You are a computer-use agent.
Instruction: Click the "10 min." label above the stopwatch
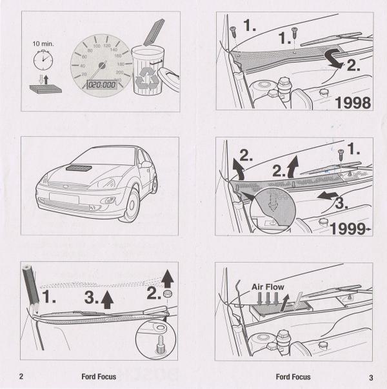click(43, 44)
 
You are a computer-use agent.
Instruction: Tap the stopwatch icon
click(43, 60)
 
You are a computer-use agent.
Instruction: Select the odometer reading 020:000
click(102, 85)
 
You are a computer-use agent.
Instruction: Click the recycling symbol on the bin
click(147, 78)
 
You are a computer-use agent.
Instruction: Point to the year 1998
click(353, 103)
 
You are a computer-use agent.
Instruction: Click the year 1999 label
click(348, 229)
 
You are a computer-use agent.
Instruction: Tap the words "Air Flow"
click(268, 287)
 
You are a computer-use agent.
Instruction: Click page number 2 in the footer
click(21, 376)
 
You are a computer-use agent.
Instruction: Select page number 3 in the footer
click(371, 377)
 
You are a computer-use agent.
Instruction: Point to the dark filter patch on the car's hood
click(79, 168)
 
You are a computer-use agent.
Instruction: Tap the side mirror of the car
click(146, 165)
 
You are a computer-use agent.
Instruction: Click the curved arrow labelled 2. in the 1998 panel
click(335, 58)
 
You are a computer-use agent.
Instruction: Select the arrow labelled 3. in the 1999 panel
click(328, 195)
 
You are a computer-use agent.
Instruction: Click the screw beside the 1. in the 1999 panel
click(341, 156)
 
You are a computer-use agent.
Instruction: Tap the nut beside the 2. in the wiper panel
click(168, 294)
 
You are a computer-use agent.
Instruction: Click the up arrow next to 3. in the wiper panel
click(107, 299)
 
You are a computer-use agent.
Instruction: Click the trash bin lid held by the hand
click(169, 77)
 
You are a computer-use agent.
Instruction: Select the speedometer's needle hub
click(102, 66)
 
